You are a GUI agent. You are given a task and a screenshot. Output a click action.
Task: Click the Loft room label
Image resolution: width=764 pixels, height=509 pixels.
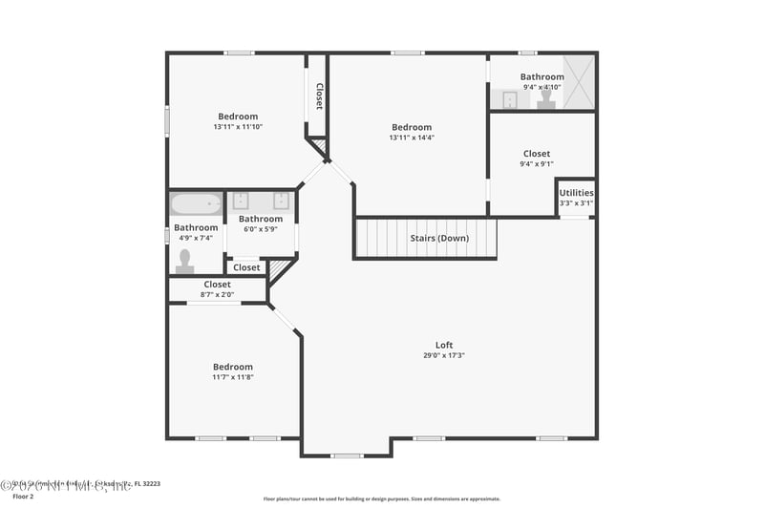pyautogui.click(x=444, y=345)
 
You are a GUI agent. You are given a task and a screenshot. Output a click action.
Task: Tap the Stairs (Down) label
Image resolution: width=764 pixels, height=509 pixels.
pyautogui.click(x=439, y=238)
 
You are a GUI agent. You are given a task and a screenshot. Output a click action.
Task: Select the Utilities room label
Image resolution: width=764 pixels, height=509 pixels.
pyautogui.click(x=576, y=193)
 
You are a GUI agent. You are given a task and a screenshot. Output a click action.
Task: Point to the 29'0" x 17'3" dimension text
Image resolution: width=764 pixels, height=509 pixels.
pyautogui.click(x=444, y=355)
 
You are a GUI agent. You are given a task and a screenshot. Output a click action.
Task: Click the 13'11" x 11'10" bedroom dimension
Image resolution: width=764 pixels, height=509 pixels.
pyautogui.click(x=238, y=127)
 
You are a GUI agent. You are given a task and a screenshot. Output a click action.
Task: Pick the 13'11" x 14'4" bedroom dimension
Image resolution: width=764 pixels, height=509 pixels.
pyautogui.click(x=412, y=138)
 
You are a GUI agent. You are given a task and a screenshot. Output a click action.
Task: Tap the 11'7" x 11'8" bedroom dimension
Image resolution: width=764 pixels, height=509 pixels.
pyautogui.click(x=233, y=377)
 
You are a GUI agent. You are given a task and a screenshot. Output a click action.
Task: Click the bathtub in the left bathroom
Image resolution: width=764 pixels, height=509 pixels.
pyautogui.click(x=196, y=203)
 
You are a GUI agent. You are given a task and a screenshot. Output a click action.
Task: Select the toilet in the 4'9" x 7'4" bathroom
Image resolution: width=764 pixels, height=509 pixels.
pyautogui.click(x=184, y=261)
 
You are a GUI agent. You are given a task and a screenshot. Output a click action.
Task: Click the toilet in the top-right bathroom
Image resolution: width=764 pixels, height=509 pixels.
pyautogui.click(x=546, y=98)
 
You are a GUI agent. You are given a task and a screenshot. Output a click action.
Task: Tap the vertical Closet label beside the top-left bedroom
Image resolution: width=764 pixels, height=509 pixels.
pyautogui.click(x=319, y=96)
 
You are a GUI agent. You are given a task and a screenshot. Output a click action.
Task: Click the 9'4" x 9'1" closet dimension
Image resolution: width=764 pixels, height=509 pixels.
pyautogui.click(x=537, y=163)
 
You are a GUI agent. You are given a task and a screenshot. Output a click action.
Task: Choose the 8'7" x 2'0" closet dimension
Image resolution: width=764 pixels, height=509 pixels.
pyautogui.click(x=217, y=294)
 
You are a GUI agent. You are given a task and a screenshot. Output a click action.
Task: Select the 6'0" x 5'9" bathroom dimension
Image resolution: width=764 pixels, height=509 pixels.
pyautogui.click(x=261, y=229)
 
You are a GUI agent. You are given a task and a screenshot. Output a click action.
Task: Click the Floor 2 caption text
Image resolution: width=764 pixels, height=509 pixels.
pyautogui.click(x=22, y=497)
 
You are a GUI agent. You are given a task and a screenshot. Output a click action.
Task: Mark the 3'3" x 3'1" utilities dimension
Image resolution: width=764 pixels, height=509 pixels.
pyautogui.click(x=576, y=202)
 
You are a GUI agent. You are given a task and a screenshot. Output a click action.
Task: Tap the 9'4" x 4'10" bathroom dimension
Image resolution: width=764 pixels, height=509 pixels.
pyautogui.click(x=541, y=87)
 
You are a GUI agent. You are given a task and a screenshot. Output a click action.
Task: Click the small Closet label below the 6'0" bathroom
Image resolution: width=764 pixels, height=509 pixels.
pyautogui.click(x=246, y=267)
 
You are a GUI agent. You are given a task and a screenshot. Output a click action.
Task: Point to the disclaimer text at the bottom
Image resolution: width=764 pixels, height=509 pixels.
pyautogui.click(x=381, y=498)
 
